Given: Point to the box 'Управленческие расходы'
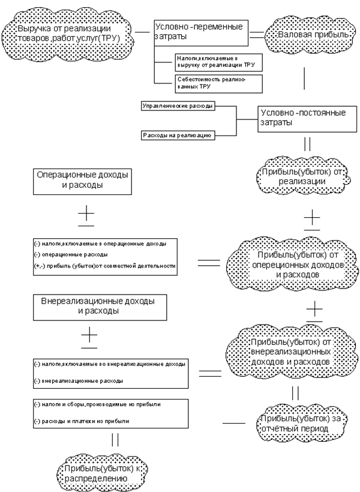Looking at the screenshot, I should [x=178, y=106].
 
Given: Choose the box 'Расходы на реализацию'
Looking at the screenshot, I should [x=178, y=136].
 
